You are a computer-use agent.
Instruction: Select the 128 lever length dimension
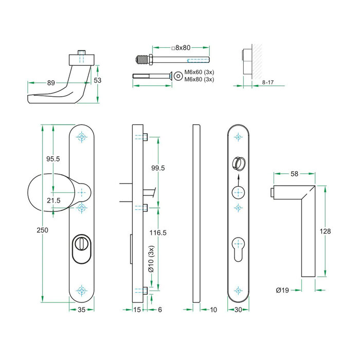coord(325,231)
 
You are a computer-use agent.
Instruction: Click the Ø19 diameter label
coord(282,291)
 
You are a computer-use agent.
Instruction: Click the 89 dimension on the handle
coord(51,82)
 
